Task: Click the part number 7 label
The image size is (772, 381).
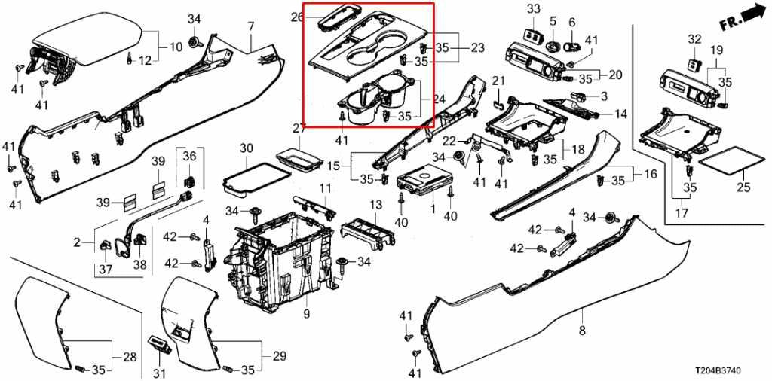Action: click(x=251, y=26)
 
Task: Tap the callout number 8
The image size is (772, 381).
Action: click(x=581, y=331)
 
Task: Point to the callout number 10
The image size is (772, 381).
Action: click(x=176, y=47)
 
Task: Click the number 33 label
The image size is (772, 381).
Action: click(x=534, y=9)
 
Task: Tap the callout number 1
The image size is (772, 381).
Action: click(x=433, y=206)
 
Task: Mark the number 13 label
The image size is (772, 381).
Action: click(x=376, y=205)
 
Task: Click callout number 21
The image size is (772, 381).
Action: click(x=498, y=81)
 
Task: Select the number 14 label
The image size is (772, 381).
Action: click(x=620, y=114)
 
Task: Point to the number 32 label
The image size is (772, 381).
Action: click(x=694, y=39)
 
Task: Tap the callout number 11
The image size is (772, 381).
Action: click(x=324, y=187)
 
